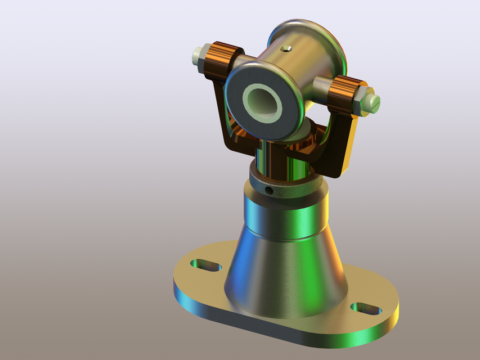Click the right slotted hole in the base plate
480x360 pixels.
tap(366, 309)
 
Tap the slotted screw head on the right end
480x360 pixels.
tap(373, 102)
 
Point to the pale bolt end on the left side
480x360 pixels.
tap(199, 55)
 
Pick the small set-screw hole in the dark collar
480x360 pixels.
tap(270, 191)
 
